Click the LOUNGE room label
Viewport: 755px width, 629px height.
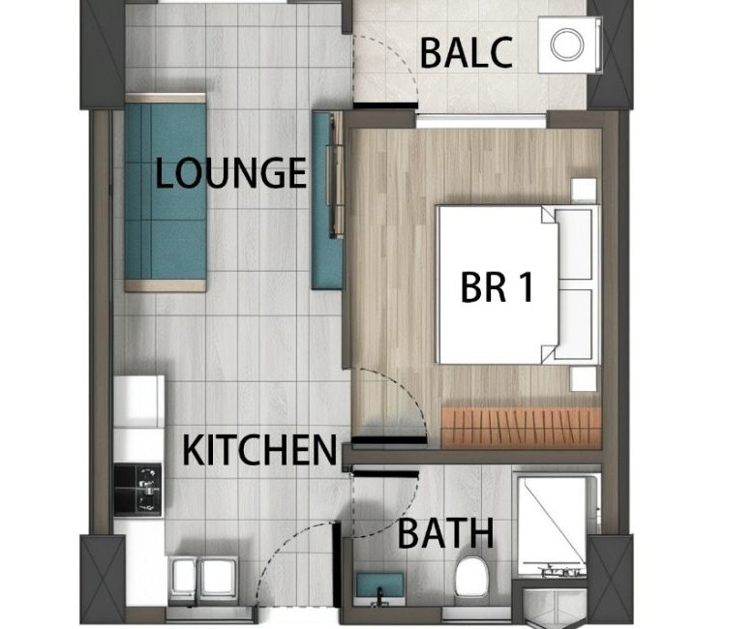coord(230,173)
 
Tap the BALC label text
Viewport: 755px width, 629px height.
coord(466,53)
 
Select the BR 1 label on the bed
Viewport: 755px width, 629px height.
coord(497,287)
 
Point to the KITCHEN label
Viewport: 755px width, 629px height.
coord(259,450)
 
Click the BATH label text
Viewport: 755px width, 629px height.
coord(446,534)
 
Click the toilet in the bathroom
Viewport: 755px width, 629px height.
coord(471,577)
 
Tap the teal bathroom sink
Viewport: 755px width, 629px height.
coord(379,585)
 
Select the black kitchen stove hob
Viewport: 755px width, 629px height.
coord(137,490)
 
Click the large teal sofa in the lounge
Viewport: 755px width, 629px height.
coord(166,193)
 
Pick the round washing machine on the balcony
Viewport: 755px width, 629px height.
coord(567,45)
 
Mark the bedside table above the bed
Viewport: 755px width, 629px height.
coord(584,190)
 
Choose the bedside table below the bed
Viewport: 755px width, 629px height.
coord(584,379)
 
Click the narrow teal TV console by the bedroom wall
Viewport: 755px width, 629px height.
coord(327,200)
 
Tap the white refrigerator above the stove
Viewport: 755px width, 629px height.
coord(138,402)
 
